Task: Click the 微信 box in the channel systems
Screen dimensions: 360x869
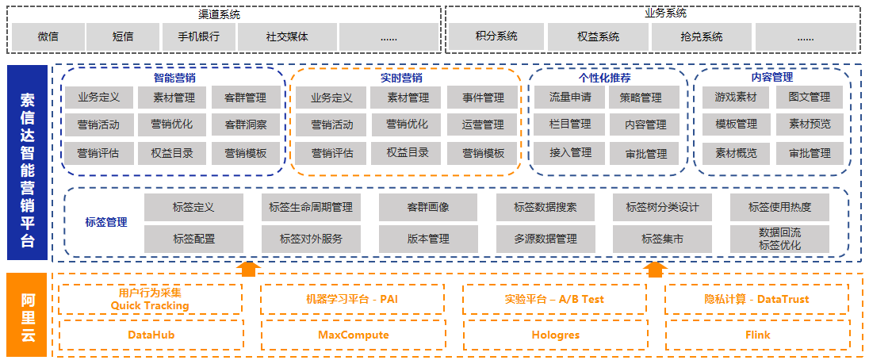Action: pyautogui.click(x=48, y=36)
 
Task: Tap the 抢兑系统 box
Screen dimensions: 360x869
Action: pyautogui.click(x=702, y=36)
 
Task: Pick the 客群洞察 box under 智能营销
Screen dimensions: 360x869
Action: pyautogui.click(x=246, y=124)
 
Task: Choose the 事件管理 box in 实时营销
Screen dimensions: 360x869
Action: pyautogui.click(x=483, y=98)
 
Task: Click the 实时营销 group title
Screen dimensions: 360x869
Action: pyautogui.click(x=401, y=78)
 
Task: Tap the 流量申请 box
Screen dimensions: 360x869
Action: pyautogui.click(x=570, y=98)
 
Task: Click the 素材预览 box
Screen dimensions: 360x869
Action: pyautogui.click(x=810, y=124)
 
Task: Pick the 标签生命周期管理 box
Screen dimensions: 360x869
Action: pyautogui.click(x=311, y=208)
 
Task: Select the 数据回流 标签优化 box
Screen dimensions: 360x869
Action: pyautogui.click(x=779, y=239)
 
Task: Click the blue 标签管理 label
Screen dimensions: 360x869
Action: pyautogui.click(x=106, y=223)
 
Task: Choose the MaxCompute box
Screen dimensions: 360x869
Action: pyautogui.click(x=354, y=335)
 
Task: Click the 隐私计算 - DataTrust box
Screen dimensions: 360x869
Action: pyautogui.click(x=756, y=300)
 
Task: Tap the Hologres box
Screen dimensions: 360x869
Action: pyautogui.click(x=555, y=335)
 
